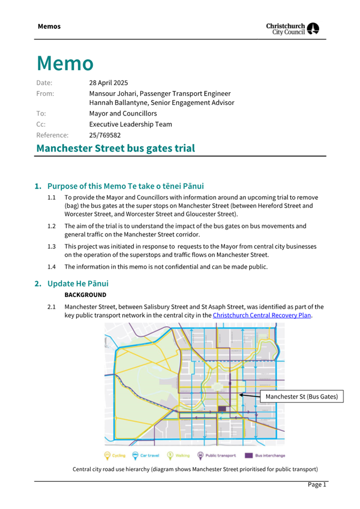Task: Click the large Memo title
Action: point(65,63)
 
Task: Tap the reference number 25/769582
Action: point(106,135)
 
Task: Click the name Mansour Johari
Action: point(113,93)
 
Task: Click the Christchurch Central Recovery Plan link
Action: point(261,315)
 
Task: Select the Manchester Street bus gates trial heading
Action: point(115,148)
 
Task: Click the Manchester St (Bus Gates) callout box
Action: point(301,397)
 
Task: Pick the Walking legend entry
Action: point(179,456)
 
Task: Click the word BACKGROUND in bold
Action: point(85,295)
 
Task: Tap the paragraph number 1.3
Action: point(52,246)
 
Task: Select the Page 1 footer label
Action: point(316,484)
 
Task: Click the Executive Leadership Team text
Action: point(130,124)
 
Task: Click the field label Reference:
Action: point(52,135)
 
